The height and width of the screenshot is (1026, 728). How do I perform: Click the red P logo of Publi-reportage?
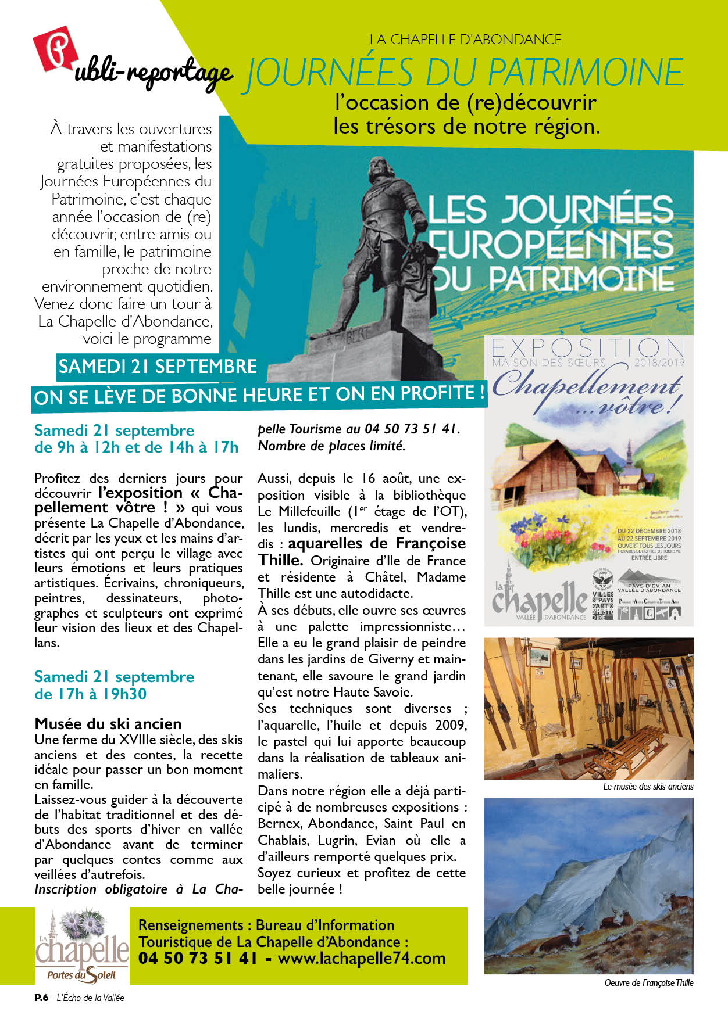click(x=55, y=50)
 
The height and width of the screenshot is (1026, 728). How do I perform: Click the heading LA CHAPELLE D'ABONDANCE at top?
click(x=465, y=40)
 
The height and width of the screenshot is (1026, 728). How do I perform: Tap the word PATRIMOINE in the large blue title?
click(x=586, y=73)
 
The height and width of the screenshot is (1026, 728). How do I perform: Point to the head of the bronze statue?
click(x=379, y=170)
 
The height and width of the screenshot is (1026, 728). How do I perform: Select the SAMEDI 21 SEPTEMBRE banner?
click(x=158, y=367)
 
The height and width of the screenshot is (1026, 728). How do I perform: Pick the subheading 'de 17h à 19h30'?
click(x=90, y=694)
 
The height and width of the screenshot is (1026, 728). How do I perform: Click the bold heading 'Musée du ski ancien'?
click(x=108, y=723)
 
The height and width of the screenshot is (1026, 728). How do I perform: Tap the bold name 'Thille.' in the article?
click(x=280, y=560)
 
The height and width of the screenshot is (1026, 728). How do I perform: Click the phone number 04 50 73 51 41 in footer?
click(x=198, y=958)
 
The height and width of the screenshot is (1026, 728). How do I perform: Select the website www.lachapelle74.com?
click(x=362, y=958)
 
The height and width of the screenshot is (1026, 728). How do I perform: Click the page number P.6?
click(x=41, y=998)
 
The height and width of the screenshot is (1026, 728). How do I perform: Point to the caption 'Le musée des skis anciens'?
click(x=648, y=786)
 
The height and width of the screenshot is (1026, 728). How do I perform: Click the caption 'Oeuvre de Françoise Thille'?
click(x=648, y=982)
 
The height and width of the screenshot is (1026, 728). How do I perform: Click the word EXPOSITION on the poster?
click(x=588, y=349)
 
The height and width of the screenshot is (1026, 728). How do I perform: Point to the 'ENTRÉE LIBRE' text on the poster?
click(x=649, y=558)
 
